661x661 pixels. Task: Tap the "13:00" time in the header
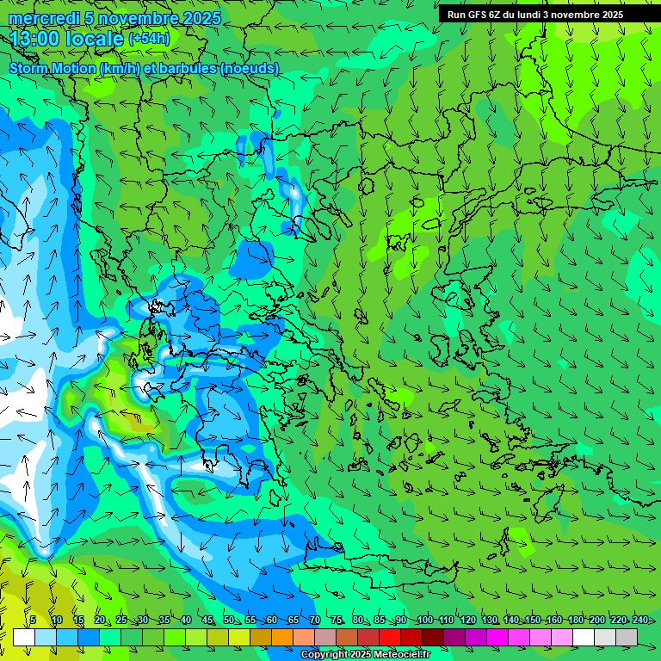click(34, 39)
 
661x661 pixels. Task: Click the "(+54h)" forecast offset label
click(149, 38)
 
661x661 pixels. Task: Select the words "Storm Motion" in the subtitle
click(53, 68)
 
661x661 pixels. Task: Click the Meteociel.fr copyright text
click(366, 655)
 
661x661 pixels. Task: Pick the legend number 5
click(33, 621)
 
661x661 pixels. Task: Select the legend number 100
click(424, 621)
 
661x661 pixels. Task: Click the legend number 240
click(639, 621)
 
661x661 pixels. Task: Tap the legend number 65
click(293, 621)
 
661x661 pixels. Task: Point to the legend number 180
click(575, 621)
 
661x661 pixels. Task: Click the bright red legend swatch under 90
click(390, 637)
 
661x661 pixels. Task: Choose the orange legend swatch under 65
click(282, 637)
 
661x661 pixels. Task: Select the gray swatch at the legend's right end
click(627, 637)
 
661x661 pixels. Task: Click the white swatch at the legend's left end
click(24, 637)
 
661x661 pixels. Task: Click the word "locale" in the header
click(94, 39)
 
